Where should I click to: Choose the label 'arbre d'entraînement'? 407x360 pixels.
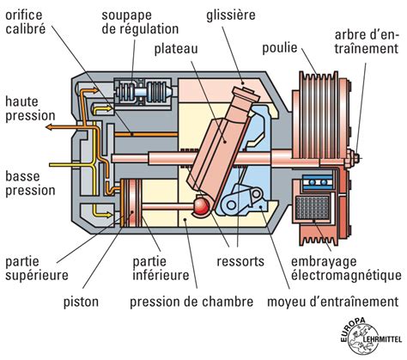pos(364,41)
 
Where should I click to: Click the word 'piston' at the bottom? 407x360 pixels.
pos(80,302)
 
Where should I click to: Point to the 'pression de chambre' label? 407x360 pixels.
pos(191,302)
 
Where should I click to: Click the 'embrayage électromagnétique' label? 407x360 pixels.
pos(344,267)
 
